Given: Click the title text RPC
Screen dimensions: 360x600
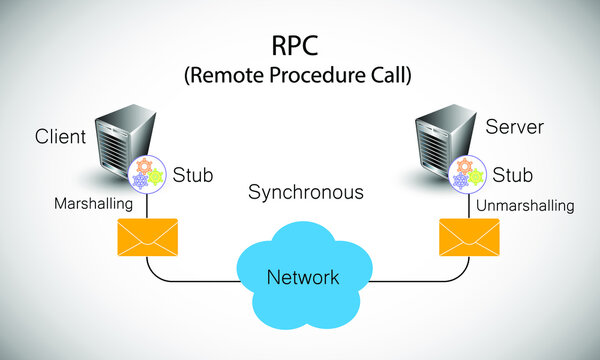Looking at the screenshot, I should coord(298,46).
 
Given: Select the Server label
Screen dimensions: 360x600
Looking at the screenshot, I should coord(513,128).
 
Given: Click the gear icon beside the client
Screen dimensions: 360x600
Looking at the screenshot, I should coord(147,171).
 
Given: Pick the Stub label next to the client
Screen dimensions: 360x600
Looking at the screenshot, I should coord(194,174).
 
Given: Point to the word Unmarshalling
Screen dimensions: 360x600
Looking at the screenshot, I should coord(525,206).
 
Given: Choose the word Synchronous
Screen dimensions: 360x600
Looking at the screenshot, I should coord(305,191).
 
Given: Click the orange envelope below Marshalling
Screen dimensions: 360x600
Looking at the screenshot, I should coord(147,236).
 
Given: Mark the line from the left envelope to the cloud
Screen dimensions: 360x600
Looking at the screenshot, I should coord(190,279).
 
